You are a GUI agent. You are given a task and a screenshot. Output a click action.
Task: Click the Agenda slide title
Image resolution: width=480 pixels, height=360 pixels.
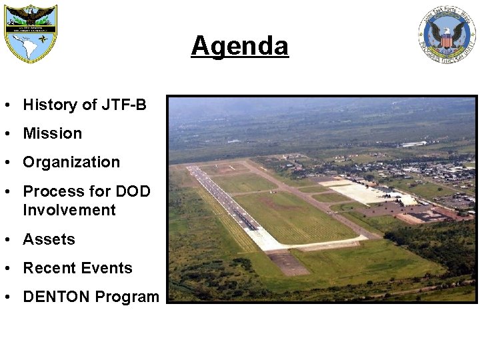239,46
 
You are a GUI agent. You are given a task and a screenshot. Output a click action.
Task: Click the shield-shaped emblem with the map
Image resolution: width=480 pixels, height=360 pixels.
31,33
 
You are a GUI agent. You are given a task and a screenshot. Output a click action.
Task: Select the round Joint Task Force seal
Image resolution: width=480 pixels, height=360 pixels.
447,35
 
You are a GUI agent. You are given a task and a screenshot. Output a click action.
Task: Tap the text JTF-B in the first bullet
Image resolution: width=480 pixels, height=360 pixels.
124,105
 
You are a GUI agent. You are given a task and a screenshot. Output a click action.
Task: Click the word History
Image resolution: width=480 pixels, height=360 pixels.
51,105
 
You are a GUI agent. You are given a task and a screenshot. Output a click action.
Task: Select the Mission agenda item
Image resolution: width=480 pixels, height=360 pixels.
53,133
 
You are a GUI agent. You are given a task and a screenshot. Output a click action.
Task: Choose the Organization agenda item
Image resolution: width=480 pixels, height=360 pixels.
71,162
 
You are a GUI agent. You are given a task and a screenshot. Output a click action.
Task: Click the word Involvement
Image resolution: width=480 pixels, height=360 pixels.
69,210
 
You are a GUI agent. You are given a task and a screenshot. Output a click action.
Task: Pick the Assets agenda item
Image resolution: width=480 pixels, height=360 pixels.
49,239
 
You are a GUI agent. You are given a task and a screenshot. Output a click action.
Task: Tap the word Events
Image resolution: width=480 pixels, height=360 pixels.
107,268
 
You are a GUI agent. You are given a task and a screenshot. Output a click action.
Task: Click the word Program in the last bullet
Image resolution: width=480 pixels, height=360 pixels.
127,297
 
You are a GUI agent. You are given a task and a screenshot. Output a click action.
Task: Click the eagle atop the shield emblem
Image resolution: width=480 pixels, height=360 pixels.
31,13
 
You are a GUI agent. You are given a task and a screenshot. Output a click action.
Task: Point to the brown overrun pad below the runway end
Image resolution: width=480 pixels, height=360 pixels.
287,263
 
